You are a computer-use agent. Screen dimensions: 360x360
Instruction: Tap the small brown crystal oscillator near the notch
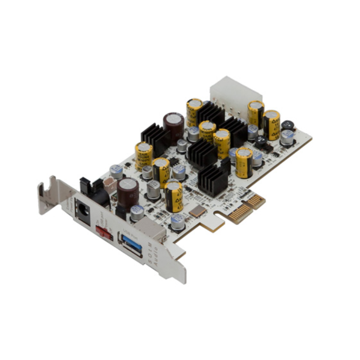coord(198,211)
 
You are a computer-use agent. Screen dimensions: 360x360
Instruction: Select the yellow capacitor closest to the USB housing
coord(173,196)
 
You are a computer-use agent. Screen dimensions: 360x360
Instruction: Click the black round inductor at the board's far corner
coord(288,126)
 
